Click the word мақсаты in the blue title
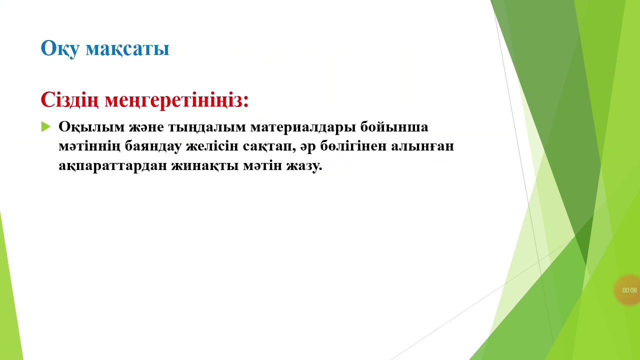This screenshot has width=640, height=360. click(x=127, y=48)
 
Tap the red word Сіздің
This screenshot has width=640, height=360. click(x=70, y=99)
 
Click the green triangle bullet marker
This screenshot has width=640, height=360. click(x=46, y=126)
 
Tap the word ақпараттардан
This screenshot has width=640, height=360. click(x=112, y=166)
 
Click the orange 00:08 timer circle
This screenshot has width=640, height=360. click(x=629, y=290)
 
